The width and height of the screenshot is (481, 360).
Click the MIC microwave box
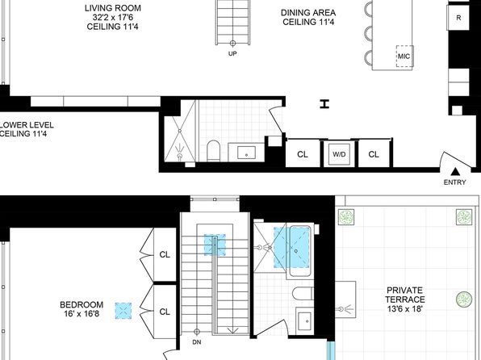(x=404, y=57)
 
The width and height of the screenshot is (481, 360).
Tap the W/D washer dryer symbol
(x=339, y=154)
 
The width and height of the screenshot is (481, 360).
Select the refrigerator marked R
(x=458, y=18)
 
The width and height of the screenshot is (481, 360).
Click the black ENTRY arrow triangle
(x=455, y=171)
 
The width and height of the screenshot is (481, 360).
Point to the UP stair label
(x=232, y=54)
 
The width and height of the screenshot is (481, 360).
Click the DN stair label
(x=197, y=342)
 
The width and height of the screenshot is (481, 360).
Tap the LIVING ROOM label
(x=113, y=8)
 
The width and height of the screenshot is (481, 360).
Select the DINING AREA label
(x=308, y=13)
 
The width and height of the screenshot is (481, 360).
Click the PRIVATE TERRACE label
(x=405, y=295)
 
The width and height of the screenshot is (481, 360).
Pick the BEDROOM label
(x=82, y=305)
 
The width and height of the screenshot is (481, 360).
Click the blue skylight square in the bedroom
(x=123, y=311)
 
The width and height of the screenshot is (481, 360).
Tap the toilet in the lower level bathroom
(x=214, y=150)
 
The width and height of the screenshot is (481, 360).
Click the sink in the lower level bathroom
(x=246, y=153)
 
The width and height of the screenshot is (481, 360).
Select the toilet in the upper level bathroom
(x=303, y=293)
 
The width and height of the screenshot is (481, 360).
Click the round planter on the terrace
(x=464, y=299)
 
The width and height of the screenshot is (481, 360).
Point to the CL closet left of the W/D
(x=303, y=154)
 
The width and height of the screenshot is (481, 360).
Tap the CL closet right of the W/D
(x=374, y=154)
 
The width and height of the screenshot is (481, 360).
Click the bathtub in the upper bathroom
(x=299, y=251)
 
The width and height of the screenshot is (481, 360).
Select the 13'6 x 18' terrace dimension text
(x=405, y=308)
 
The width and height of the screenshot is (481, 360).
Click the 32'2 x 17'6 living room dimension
(x=112, y=17)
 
